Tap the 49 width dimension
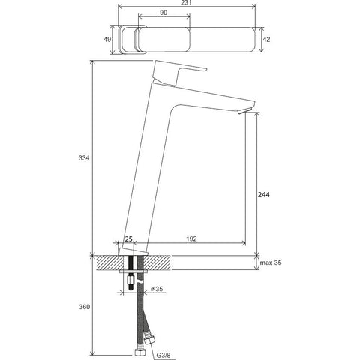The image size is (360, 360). click(x=107, y=40)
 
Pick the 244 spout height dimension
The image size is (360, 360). click(x=263, y=195)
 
